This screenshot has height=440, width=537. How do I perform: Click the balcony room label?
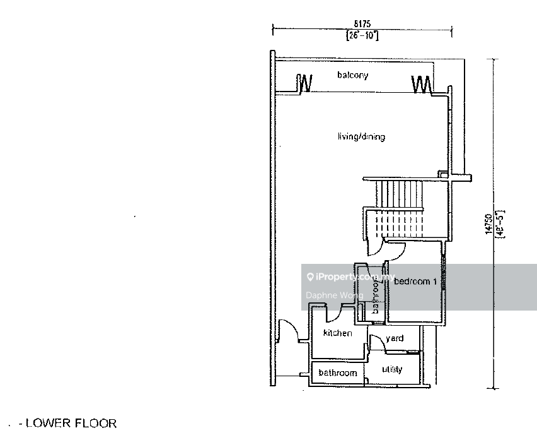352,75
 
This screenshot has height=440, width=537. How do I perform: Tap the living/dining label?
361,136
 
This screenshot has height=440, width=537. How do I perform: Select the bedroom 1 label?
415,282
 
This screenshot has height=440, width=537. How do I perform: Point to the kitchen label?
337,333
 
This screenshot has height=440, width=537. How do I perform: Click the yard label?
395,338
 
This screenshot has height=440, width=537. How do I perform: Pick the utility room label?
391,369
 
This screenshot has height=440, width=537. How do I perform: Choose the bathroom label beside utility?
337,373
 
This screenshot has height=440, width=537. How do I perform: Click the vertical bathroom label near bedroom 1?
376,297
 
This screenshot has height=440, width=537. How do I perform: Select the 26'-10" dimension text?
362,35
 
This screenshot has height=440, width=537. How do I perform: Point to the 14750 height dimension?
488,225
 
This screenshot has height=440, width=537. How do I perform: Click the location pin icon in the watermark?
309,277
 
